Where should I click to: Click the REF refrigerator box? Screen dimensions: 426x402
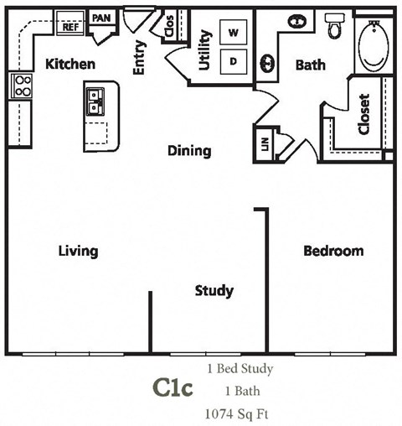(x=70, y=26)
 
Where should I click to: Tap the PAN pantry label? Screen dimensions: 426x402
(x=100, y=17)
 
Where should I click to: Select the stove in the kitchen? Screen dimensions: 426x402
(x=21, y=86)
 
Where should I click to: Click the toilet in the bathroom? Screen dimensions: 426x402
(x=336, y=27)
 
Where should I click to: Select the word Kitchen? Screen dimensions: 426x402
(x=70, y=64)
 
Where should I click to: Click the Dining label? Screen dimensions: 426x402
(x=189, y=151)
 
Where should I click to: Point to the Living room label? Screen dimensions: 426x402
(x=78, y=251)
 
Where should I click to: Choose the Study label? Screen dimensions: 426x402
(x=214, y=291)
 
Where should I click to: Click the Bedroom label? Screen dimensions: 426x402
(x=333, y=251)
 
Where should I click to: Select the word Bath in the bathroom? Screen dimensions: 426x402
(x=310, y=64)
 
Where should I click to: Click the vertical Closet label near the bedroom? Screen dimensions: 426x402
(x=363, y=113)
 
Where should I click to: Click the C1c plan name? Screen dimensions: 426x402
(x=173, y=388)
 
